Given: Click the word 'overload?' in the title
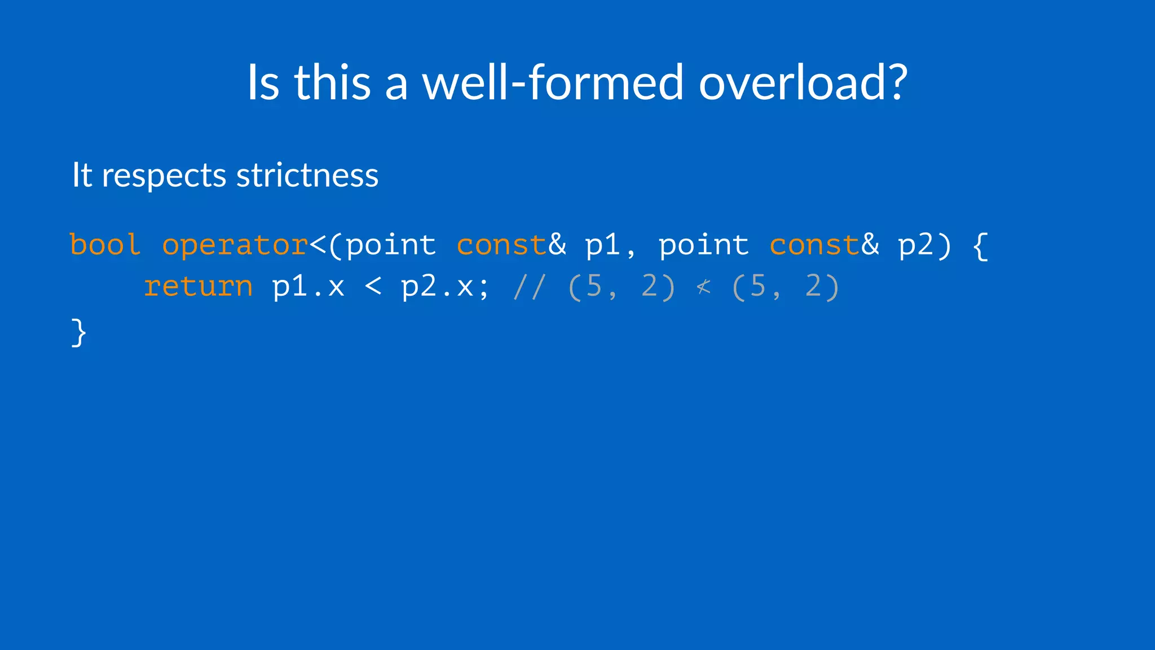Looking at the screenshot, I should (x=803, y=82).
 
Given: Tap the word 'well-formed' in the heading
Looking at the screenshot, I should (x=553, y=82).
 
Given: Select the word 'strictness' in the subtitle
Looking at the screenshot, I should (x=307, y=175).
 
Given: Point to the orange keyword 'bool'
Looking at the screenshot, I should (x=105, y=245).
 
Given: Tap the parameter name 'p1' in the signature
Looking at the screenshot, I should (x=603, y=246).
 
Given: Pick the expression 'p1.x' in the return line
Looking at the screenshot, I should (x=308, y=287).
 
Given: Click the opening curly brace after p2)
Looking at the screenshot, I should (x=981, y=246).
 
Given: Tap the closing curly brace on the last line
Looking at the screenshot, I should (x=79, y=332).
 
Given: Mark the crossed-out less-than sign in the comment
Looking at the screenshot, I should (x=703, y=287).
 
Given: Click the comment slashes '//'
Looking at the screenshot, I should (x=529, y=287).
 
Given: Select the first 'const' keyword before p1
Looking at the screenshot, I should (x=501, y=245).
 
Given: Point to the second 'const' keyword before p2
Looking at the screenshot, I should (x=814, y=245).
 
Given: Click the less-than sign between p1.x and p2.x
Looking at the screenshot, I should (x=373, y=287).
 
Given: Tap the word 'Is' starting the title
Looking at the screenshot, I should (x=263, y=82).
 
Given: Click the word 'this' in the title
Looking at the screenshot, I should (x=332, y=82).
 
